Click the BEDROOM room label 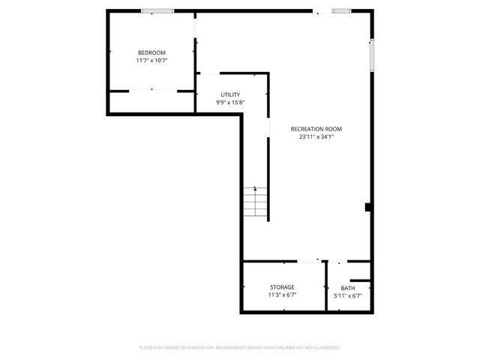pos(151,52)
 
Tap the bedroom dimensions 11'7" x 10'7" pos(151,61)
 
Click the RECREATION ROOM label pos(321,129)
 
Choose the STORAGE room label pos(283,287)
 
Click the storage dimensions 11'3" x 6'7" pos(283,295)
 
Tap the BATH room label pos(348,288)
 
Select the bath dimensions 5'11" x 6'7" pos(348,296)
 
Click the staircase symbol pos(255,202)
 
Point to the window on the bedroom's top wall pos(157,10)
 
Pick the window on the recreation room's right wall pos(371,54)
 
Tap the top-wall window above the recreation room pos(343,10)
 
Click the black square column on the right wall pos(367,207)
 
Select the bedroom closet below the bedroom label pos(151,102)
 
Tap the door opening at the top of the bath pos(340,261)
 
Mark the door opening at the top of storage pos(315,261)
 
